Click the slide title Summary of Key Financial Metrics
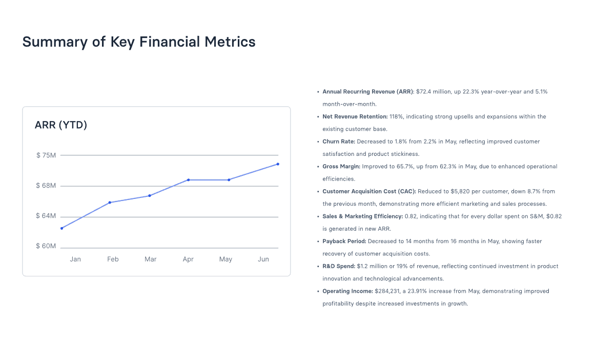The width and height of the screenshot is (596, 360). point(139,42)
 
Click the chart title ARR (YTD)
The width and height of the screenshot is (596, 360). point(61,125)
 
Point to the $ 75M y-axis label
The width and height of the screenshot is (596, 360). point(46,155)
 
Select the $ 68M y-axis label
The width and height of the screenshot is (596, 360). point(46,186)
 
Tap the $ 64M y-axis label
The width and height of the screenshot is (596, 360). point(46,216)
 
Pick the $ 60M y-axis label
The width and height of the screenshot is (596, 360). point(46,246)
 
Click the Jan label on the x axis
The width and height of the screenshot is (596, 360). point(75,259)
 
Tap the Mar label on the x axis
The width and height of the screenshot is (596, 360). point(150,259)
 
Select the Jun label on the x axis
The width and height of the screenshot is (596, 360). point(263,259)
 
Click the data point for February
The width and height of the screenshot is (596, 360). point(110,203)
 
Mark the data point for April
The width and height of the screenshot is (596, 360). point(189,180)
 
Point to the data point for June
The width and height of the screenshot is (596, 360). point(278,164)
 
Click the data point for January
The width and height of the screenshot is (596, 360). point(61,228)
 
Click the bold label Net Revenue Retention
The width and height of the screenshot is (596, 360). point(355,117)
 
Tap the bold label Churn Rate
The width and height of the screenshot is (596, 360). point(339,142)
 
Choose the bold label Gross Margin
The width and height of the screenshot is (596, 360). point(341,167)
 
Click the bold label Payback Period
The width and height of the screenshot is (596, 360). point(344,241)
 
